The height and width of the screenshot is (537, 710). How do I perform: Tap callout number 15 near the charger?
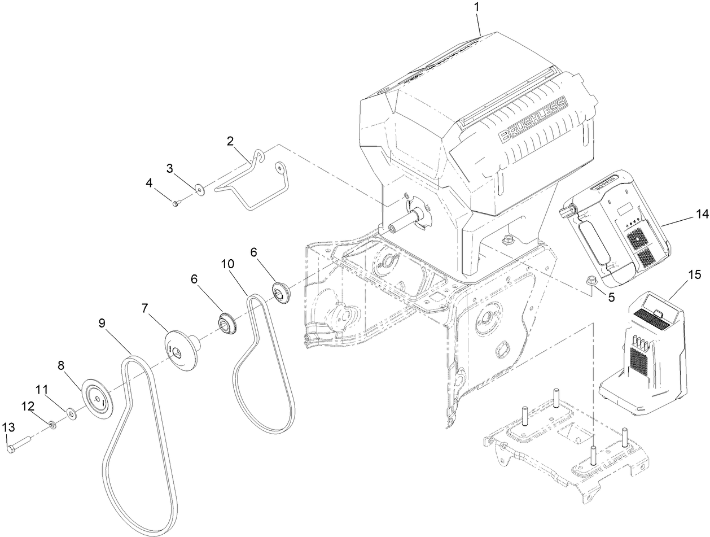(694, 275)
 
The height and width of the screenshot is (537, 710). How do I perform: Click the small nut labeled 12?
(52, 424)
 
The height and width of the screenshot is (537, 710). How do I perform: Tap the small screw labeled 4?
(176, 202)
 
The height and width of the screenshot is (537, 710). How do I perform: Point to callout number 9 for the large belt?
(102, 323)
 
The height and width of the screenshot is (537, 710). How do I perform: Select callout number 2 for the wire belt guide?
(230, 141)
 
